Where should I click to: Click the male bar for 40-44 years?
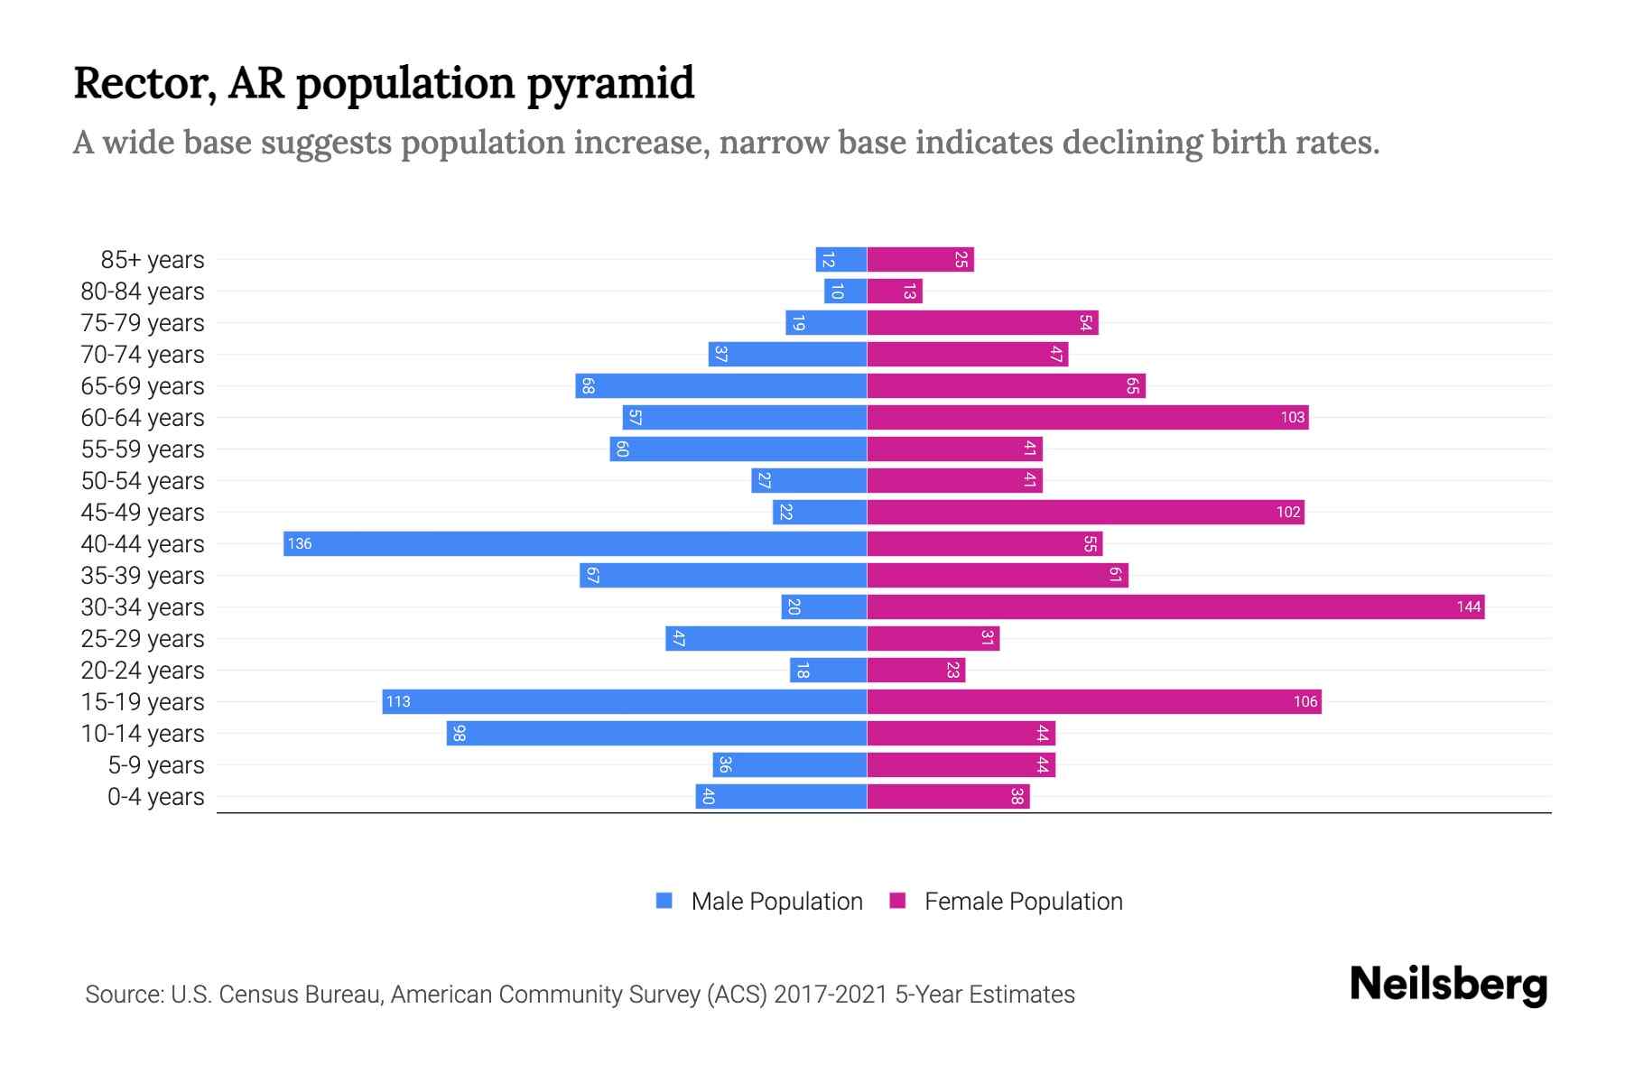pyautogui.click(x=575, y=543)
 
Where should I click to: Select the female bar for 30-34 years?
pyautogui.click(x=1175, y=606)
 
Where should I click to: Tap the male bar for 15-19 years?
pyautogui.click(x=624, y=701)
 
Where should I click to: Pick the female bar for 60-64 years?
pyautogui.click(x=1087, y=417)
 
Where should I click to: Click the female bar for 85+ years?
pyautogui.click(x=920, y=260)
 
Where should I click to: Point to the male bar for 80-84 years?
pyautogui.click(x=845, y=292)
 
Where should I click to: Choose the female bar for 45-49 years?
pyautogui.click(x=1085, y=512)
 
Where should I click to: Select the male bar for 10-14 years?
pyautogui.click(x=656, y=733)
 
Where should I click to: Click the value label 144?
pyautogui.click(x=1468, y=606)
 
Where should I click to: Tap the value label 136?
pyautogui.click(x=300, y=543)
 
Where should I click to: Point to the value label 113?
pyautogui.click(x=398, y=701)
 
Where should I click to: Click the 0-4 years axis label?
pyautogui.click(x=155, y=797)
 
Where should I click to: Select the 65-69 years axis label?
pyautogui.click(x=143, y=386)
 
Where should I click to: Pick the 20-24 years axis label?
pyautogui.click(x=143, y=671)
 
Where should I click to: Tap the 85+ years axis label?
pyautogui.click(x=153, y=260)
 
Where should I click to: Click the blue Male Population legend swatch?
pyautogui.click(x=664, y=901)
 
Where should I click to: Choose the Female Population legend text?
pyautogui.click(x=1023, y=901)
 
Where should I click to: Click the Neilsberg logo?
pyautogui.click(x=1448, y=984)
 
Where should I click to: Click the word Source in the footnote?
pyautogui.click(x=124, y=995)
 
